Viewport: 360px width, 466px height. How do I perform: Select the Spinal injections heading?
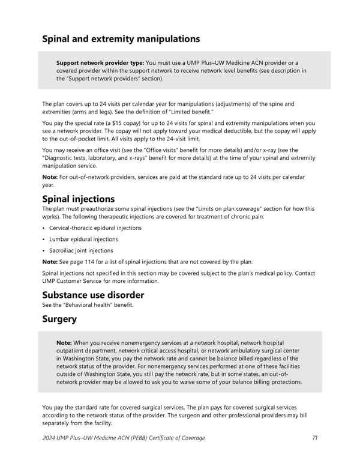tap(79, 199)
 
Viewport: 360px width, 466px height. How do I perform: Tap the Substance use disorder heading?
tap(93, 295)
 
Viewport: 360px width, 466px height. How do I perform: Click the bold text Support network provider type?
tap(100, 63)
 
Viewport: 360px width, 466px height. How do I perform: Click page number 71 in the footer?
tap(315, 438)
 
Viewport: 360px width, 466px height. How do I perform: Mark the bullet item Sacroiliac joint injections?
tap(81, 250)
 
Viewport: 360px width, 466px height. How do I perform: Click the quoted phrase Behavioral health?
tap(92, 305)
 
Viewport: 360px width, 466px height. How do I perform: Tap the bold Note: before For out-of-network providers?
tap(50, 177)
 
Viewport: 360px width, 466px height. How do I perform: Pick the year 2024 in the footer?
tap(51, 438)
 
